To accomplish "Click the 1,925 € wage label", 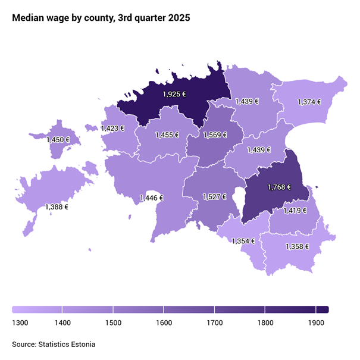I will click(x=174, y=93).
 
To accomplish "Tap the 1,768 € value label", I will click(x=279, y=187).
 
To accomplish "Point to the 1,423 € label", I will click(x=112, y=128).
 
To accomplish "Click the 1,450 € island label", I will click(x=58, y=140).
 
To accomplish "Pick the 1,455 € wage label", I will click(x=167, y=135).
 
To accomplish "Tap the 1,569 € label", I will click(x=215, y=135).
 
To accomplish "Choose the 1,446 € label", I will click(x=151, y=198).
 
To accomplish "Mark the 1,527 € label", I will click(x=214, y=196).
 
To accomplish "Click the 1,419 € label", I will click(x=295, y=210).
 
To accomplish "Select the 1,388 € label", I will click(x=57, y=207).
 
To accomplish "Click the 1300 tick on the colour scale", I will click(x=20, y=323).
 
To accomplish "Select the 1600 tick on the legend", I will click(x=164, y=323).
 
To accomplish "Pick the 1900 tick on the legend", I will click(x=316, y=323).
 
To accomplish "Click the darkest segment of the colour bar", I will click(x=322, y=309).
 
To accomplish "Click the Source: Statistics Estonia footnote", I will click(x=54, y=344).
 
